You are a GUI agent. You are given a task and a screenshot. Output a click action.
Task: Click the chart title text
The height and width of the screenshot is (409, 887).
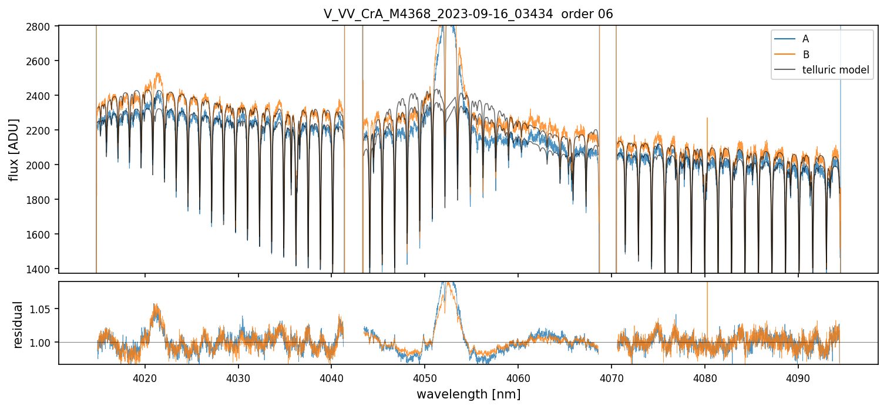(x=468, y=14)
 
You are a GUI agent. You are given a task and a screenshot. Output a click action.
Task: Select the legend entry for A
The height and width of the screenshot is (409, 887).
(x=805, y=39)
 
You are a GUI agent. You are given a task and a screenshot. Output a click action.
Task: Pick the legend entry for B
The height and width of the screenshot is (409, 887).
(x=805, y=55)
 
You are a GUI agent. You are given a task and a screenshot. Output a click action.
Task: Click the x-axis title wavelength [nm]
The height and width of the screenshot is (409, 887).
(x=468, y=394)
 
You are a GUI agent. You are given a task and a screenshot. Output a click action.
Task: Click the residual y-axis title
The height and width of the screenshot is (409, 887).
(x=18, y=324)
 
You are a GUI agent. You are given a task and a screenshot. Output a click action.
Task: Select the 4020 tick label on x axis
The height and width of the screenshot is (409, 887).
(x=145, y=377)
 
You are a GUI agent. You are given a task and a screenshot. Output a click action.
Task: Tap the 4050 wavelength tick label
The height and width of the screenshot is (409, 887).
(x=425, y=377)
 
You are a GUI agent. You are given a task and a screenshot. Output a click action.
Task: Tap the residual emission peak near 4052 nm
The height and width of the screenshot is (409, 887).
(x=448, y=286)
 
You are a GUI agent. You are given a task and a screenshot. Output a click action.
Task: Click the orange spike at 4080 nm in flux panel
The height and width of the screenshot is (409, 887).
(x=707, y=120)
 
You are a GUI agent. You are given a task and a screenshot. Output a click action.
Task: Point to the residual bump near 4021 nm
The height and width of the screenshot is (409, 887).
(x=156, y=307)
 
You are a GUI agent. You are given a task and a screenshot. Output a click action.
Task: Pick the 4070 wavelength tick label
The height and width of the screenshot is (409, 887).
(x=612, y=377)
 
